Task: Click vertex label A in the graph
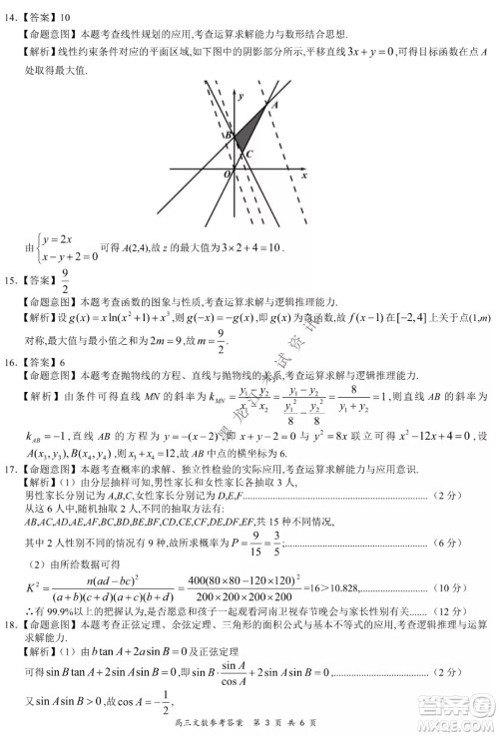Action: click(272, 104)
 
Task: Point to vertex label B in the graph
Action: click(229, 135)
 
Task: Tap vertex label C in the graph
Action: click(249, 154)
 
